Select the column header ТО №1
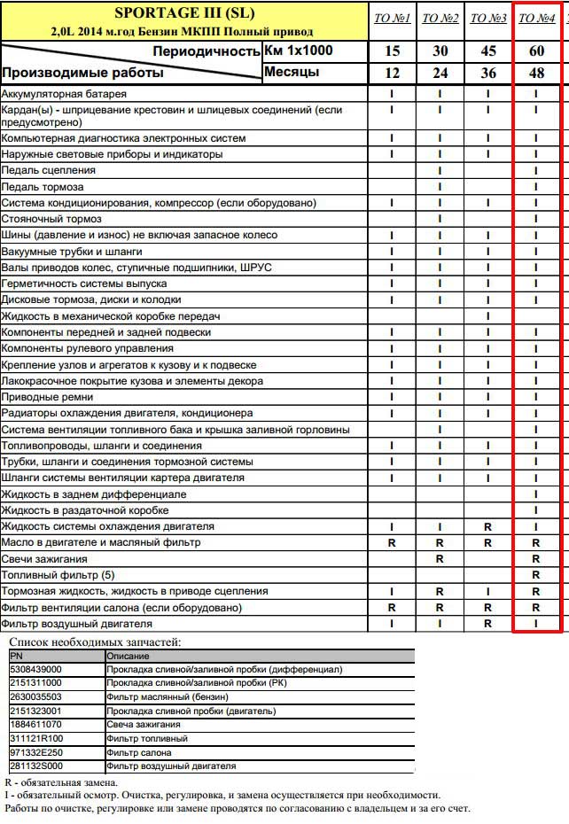[x=392, y=19]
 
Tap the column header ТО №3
[x=487, y=19]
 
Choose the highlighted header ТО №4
[x=536, y=19]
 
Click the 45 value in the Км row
[x=488, y=51]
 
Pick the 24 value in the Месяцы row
[x=440, y=73]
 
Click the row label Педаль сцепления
[x=49, y=170]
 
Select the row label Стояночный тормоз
[x=51, y=219]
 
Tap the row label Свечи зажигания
[x=44, y=559]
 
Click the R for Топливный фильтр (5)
[x=536, y=575]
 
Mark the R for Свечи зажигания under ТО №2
[x=440, y=559]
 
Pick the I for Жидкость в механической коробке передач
[x=488, y=316]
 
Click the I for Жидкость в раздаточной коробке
[x=536, y=510]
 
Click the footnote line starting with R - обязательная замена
[x=60, y=783]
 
